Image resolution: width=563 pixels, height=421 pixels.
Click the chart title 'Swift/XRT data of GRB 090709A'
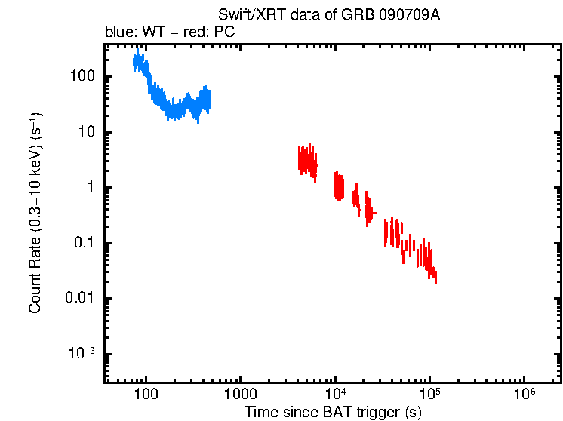pyautogui.click(x=328, y=15)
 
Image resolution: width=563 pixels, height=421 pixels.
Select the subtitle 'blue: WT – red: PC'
pyautogui.click(x=170, y=33)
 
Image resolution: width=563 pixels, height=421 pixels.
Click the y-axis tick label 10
pyautogui.click(x=85, y=132)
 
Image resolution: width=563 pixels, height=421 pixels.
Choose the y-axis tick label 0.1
pyautogui.click(x=82, y=243)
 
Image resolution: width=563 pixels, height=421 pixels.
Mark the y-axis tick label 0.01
pyautogui.click(x=78, y=299)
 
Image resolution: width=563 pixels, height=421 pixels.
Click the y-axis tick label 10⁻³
pyautogui.click(x=81, y=354)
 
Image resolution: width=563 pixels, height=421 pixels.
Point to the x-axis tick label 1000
pyautogui.click(x=241, y=394)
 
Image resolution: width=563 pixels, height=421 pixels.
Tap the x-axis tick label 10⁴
pyautogui.click(x=336, y=393)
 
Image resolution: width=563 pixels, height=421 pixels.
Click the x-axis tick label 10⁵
pyautogui.click(x=430, y=393)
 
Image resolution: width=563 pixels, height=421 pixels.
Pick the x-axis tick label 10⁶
pyautogui.click(x=525, y=393)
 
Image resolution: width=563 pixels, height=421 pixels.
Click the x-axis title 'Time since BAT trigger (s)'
pyautogui.click(x=333, y=412)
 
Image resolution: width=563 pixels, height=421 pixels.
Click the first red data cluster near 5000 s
pyautogui.click(x=306, y=161)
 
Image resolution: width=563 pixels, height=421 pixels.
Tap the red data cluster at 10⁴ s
pyautogui.click(x=339, y=186)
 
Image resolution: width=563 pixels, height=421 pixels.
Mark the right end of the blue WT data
pyautogui.click(x=209, y=100)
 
